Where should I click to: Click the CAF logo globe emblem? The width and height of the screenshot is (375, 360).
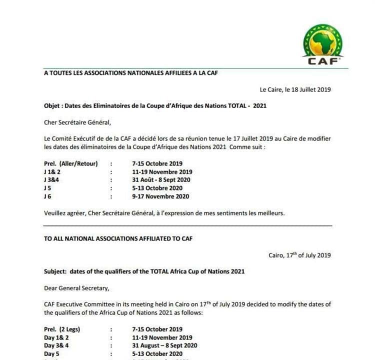coord(323,41)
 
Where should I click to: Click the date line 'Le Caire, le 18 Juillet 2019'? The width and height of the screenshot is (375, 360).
coord(295,90)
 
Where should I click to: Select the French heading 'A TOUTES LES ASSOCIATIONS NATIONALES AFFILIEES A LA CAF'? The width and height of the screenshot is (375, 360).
coord(131,73)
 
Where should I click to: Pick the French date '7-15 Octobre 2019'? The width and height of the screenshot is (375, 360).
coord(157,163)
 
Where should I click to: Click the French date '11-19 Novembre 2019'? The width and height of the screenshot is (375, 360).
coord(162,172)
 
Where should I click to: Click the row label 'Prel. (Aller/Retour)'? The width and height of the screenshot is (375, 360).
coord(71,163)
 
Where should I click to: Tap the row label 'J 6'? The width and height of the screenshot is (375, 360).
coord(47,196)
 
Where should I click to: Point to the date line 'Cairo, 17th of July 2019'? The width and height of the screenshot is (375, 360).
coord(299,255)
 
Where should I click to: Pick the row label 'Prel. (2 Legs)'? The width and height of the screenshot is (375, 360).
coord(62,329)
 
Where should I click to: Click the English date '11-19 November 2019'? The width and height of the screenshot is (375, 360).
coord(162,337)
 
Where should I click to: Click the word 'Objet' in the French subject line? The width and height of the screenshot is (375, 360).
coord(52,106)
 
